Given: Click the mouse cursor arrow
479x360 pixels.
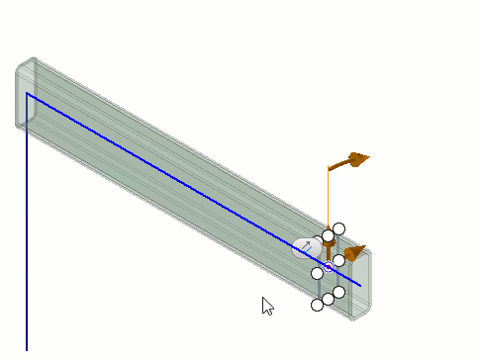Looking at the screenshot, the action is click(266, 305).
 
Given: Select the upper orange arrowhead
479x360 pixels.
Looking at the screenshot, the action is click(358, 158).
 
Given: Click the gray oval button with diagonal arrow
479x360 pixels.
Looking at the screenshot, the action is click(306, 247).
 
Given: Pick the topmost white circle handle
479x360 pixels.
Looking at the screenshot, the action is click(338, 228).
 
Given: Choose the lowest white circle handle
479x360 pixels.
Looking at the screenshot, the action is click(318, 305).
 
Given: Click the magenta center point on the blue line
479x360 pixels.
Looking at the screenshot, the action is click(329, 267).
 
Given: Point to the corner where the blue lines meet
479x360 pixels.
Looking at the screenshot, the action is click(27, 94).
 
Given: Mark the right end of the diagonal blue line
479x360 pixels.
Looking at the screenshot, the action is click(360, 286).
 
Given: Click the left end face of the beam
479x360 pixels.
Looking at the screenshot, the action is click(25, 94).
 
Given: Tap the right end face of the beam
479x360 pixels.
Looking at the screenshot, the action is click(359, 285).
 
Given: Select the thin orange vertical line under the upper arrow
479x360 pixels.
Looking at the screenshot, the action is click(328, 198).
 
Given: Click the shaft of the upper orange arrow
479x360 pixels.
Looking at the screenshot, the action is click(341, 164).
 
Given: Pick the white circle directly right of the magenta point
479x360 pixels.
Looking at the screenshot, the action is click(338, 260).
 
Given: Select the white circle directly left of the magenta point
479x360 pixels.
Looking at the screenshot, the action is click(318, 273).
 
